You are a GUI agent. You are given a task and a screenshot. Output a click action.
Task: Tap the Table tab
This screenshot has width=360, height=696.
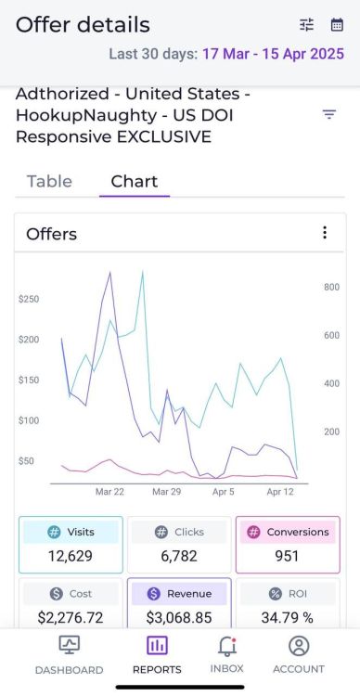(49, 181)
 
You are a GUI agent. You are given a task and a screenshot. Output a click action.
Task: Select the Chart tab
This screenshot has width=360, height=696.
(135, 181)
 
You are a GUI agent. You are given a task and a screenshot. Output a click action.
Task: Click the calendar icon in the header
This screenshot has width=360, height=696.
(337, 25)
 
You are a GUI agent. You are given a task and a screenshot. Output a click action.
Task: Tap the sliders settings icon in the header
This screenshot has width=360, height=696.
(307, 25)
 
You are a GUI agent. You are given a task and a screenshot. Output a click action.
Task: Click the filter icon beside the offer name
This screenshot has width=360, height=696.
(329, 115)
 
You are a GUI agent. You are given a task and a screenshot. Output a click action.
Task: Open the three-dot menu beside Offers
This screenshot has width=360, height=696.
(324, 233)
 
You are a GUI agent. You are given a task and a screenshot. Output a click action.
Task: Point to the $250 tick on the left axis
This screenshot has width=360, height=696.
(29, 299)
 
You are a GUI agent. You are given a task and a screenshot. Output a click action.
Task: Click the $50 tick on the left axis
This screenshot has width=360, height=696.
(27, 461)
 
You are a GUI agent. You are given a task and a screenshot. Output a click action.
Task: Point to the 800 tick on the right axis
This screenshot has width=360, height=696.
(331, 288)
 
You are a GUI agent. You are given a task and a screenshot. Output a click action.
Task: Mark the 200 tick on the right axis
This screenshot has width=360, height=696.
(331, 432)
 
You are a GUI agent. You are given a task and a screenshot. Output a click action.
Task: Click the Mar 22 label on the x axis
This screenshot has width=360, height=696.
(109, 492)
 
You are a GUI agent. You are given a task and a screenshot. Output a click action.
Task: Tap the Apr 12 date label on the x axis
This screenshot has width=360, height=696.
(280, 492)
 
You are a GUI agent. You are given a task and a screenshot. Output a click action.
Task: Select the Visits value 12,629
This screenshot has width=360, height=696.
(71, 557)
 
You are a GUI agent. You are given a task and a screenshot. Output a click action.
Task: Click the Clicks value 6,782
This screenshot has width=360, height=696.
(179, 557)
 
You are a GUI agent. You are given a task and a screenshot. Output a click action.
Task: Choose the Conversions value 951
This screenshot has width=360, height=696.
(288, 557)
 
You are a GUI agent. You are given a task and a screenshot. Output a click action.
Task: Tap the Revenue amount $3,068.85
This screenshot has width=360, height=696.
(179, 616)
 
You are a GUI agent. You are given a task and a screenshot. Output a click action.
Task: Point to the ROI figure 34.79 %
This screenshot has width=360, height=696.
(288, 616)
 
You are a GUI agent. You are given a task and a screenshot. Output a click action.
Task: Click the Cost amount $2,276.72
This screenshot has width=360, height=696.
(71, 616)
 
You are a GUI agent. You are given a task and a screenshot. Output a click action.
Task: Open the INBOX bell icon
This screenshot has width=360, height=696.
(226, 646)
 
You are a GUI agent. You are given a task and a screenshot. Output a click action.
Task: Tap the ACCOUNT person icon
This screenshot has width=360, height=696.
(298, 646)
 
